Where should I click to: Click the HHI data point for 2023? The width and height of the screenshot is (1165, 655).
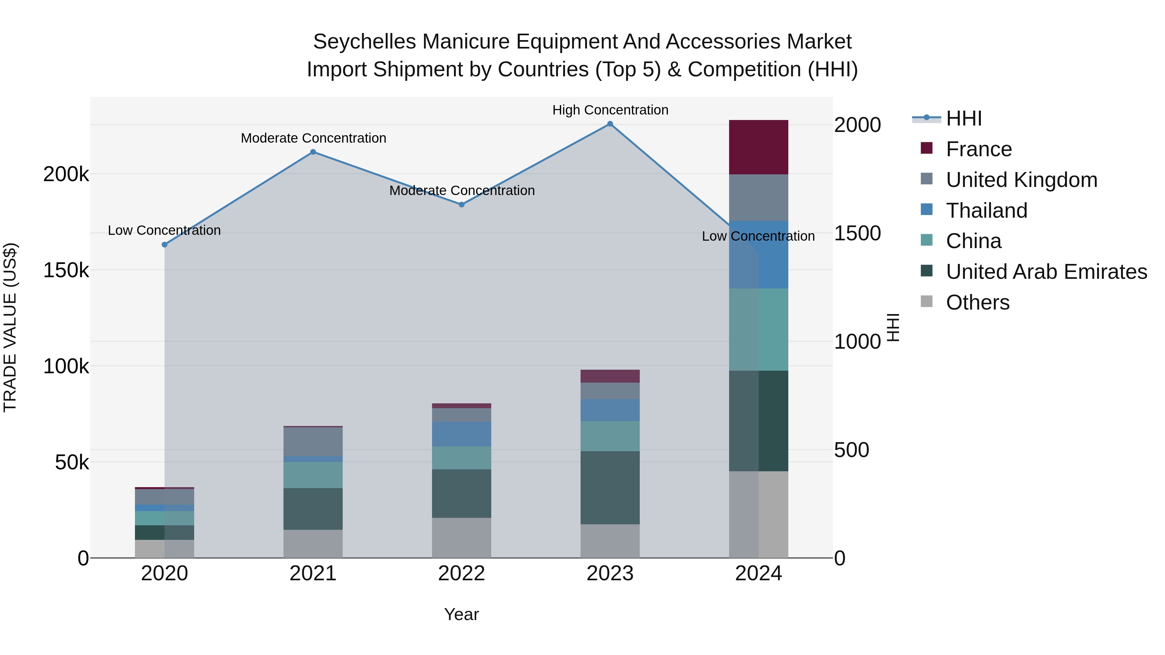point(610,124)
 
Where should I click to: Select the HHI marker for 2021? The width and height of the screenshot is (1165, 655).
point(313,152)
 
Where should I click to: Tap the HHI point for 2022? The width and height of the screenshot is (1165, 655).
point(462,205)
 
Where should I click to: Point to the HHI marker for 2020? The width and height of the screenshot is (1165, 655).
point(165,245)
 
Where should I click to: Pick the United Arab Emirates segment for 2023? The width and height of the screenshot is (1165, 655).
point(610,488)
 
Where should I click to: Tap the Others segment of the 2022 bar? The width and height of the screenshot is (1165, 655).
point(462,538)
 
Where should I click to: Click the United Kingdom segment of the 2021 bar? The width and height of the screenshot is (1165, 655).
point(313,442)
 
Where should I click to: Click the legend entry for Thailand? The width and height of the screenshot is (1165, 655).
point(986,211)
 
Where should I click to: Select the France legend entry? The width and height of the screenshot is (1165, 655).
point(979,149)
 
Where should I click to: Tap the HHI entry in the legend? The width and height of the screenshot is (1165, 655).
point(964,118)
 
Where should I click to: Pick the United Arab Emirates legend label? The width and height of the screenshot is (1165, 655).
point(1046,272)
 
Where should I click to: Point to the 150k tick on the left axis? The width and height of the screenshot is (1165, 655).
point(66,270)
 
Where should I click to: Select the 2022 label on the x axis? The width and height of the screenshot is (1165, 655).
point(462,573)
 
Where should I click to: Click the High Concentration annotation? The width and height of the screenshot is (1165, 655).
point(610,110)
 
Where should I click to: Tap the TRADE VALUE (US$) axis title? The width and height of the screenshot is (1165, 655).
point(10,327)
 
